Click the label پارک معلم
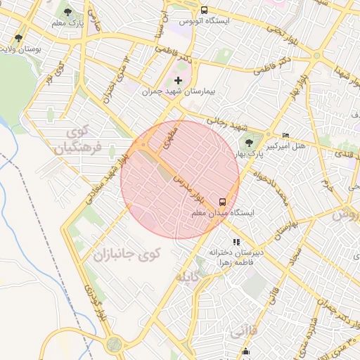click(69, 24)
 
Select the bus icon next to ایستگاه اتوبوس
click(204, 11)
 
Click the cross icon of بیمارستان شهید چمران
click(178, 81)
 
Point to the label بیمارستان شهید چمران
click(178, 92)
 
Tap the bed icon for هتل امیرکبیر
click(285, 135)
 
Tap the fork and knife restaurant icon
click(236, 242)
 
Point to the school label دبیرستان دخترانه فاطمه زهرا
click(236, 257)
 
